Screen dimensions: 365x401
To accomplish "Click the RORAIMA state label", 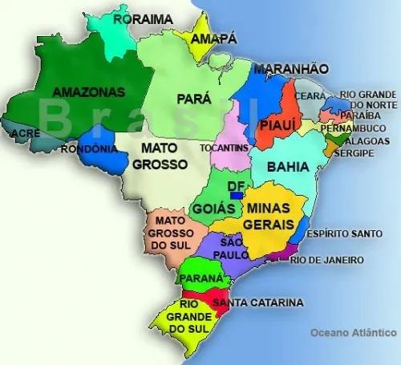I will (143, 18).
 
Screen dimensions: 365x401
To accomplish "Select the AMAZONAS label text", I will (89, 92).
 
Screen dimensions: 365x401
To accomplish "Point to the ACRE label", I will (25, 133).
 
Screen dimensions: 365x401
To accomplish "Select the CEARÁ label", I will (310, 96).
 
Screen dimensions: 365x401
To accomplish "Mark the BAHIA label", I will (287, 168).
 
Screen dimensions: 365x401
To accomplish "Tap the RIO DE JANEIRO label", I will (326, 261).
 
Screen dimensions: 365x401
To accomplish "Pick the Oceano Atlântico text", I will (354, 331).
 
